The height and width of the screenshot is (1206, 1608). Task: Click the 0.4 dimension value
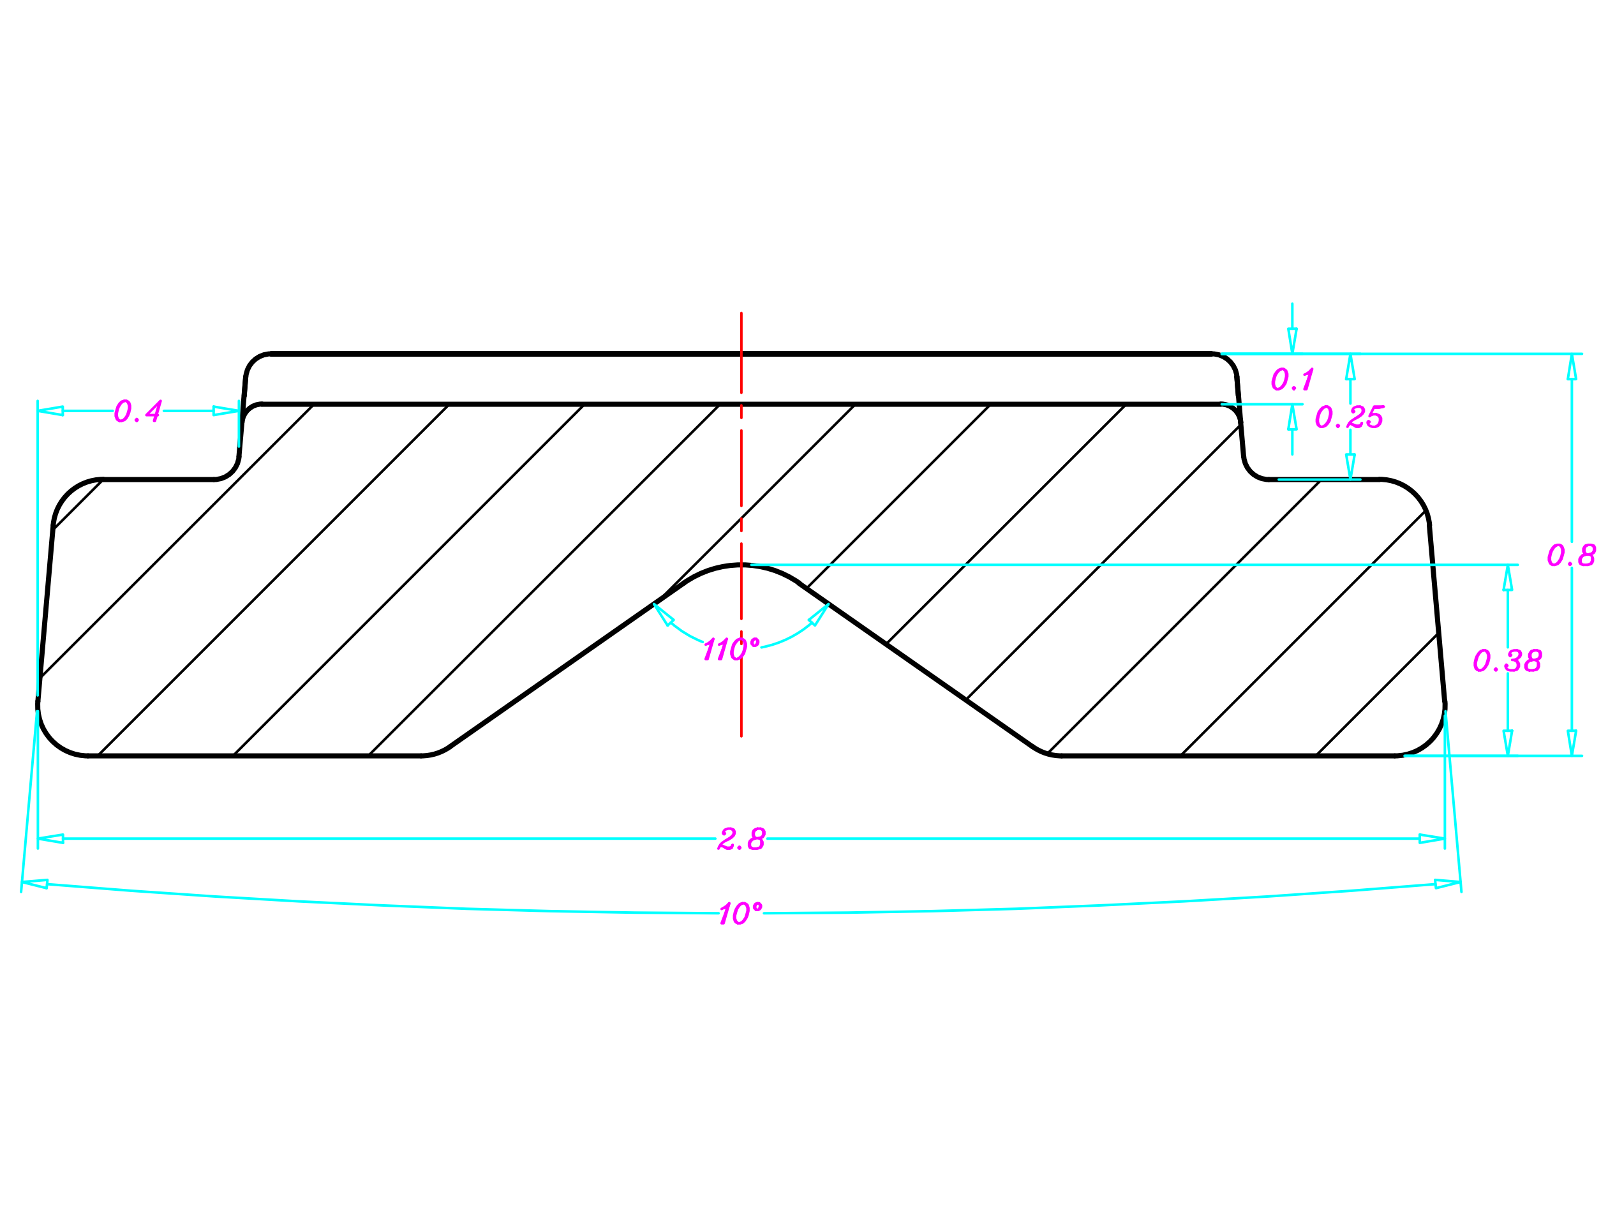[x=138, y=411]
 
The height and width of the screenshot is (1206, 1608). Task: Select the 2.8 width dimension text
[x=741, y=839]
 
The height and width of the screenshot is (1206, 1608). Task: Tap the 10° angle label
[x=741, y=912]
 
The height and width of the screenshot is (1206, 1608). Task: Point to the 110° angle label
[x=731, y=648]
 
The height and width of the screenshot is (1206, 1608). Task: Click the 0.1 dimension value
[x=1293, y=380]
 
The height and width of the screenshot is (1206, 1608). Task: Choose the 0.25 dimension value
[x=1350, y=417]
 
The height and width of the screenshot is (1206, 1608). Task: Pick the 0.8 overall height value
[x=1572, y=555]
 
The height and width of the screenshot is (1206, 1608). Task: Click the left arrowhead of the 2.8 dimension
[x=51, y=839]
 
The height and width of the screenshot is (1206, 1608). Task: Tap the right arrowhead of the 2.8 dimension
[x=1431, y=839]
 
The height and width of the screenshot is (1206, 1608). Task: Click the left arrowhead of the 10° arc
[x=35, y=884]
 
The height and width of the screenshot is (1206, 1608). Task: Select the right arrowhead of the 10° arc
[x=1447, y=884]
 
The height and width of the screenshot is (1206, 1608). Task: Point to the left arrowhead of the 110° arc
[x=663, y=614]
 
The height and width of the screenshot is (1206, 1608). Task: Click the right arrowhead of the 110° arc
[x=819, y=614]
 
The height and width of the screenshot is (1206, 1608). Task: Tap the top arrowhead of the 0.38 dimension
[x=1508, y=578]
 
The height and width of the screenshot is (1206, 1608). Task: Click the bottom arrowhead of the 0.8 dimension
[x=1572, y=743]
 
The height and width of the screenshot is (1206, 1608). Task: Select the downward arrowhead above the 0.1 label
[x=1293, y=341]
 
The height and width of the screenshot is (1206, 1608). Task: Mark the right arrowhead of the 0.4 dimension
[x=226, y=411]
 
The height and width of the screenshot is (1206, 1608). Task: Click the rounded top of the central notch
[x=741, y=564]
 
